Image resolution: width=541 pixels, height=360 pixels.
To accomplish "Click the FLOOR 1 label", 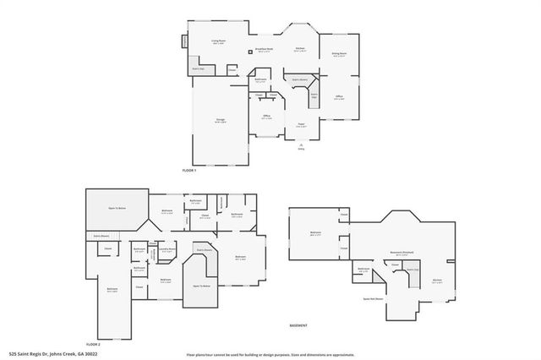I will coord(189,171).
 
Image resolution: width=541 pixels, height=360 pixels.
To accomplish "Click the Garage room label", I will coord(220,123).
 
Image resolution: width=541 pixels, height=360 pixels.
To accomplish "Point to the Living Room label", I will coord(218,42).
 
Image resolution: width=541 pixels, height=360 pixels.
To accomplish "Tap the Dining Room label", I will coord(340,54).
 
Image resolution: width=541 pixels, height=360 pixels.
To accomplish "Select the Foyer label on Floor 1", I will coord(300,125).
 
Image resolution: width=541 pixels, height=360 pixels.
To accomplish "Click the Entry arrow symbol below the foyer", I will coord(300,145).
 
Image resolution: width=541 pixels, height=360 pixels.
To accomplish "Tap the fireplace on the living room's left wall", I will coord(183,41).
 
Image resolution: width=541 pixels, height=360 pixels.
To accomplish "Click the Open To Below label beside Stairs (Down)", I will coord(202,286).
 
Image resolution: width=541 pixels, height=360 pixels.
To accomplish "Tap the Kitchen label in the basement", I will coord(437,282).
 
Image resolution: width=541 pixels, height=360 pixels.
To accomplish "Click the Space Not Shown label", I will coord(374,298).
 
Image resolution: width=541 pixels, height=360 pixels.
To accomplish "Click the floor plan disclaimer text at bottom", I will coord(270,354).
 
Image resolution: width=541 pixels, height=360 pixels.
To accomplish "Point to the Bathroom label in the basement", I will coord(363,270).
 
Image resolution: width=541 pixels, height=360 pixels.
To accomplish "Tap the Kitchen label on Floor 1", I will coord(299,50).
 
